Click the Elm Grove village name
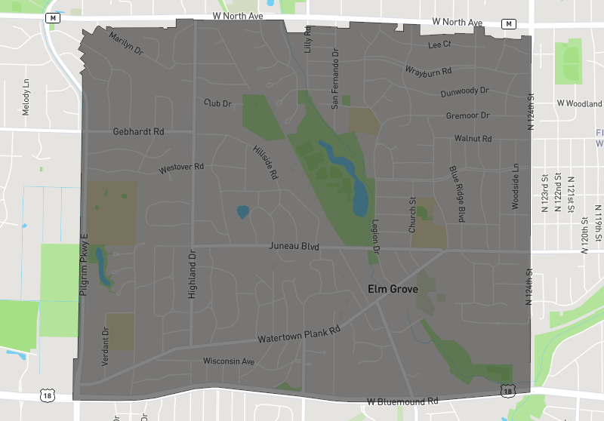pos(392,288)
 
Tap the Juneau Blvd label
pos(294,247)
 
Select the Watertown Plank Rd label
pos(299,333)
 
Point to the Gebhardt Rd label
pos(138,131)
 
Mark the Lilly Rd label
pos(308,38)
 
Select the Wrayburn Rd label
pos(428,71)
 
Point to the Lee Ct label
pos(439,45)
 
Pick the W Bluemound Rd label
pos(402,401)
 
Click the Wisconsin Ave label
pos(230,361)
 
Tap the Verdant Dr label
pos(105,338)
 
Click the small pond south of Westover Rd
pos(242,212)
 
